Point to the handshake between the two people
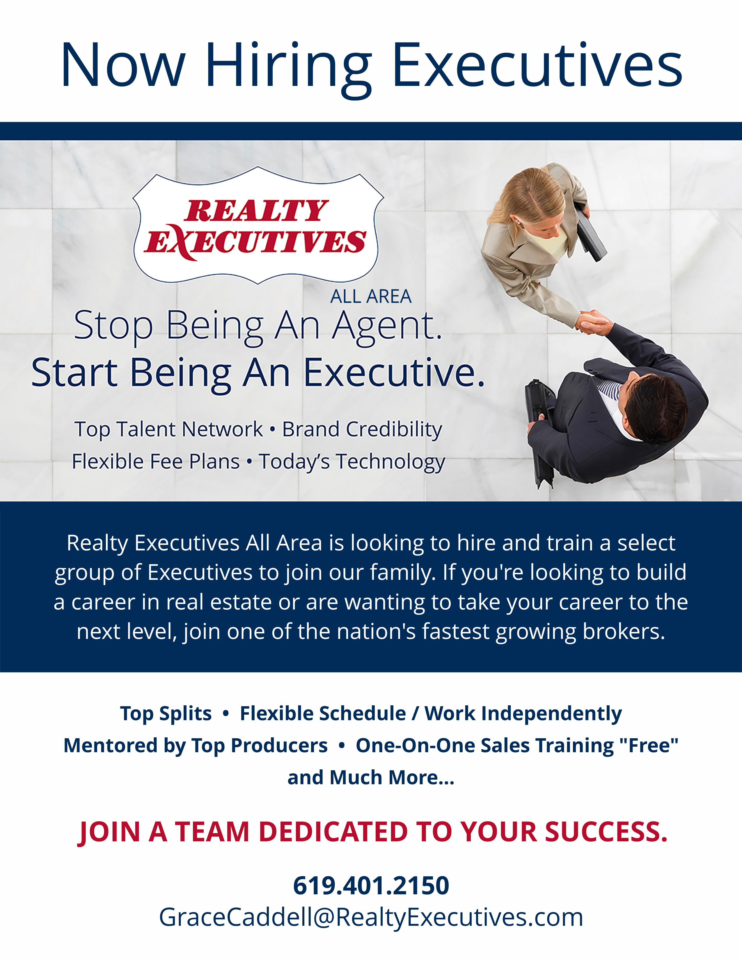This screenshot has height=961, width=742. tap(593, 322)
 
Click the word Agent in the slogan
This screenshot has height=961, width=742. tap(387, 327)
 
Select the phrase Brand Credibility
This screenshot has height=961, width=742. tap(362, 430)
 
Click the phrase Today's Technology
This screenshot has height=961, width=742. tap(352, 462)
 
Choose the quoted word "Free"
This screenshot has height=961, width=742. tap(649, 746)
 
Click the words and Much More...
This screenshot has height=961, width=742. tap(371, 778)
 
